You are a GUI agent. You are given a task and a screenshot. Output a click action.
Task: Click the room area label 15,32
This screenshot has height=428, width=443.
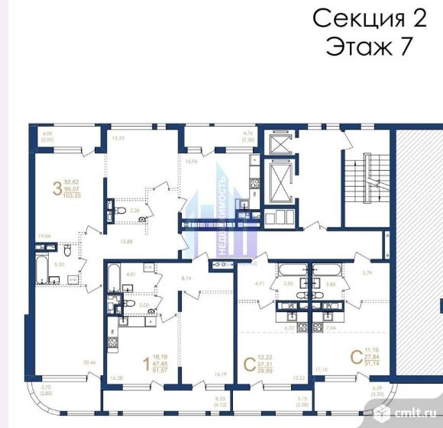118,138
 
